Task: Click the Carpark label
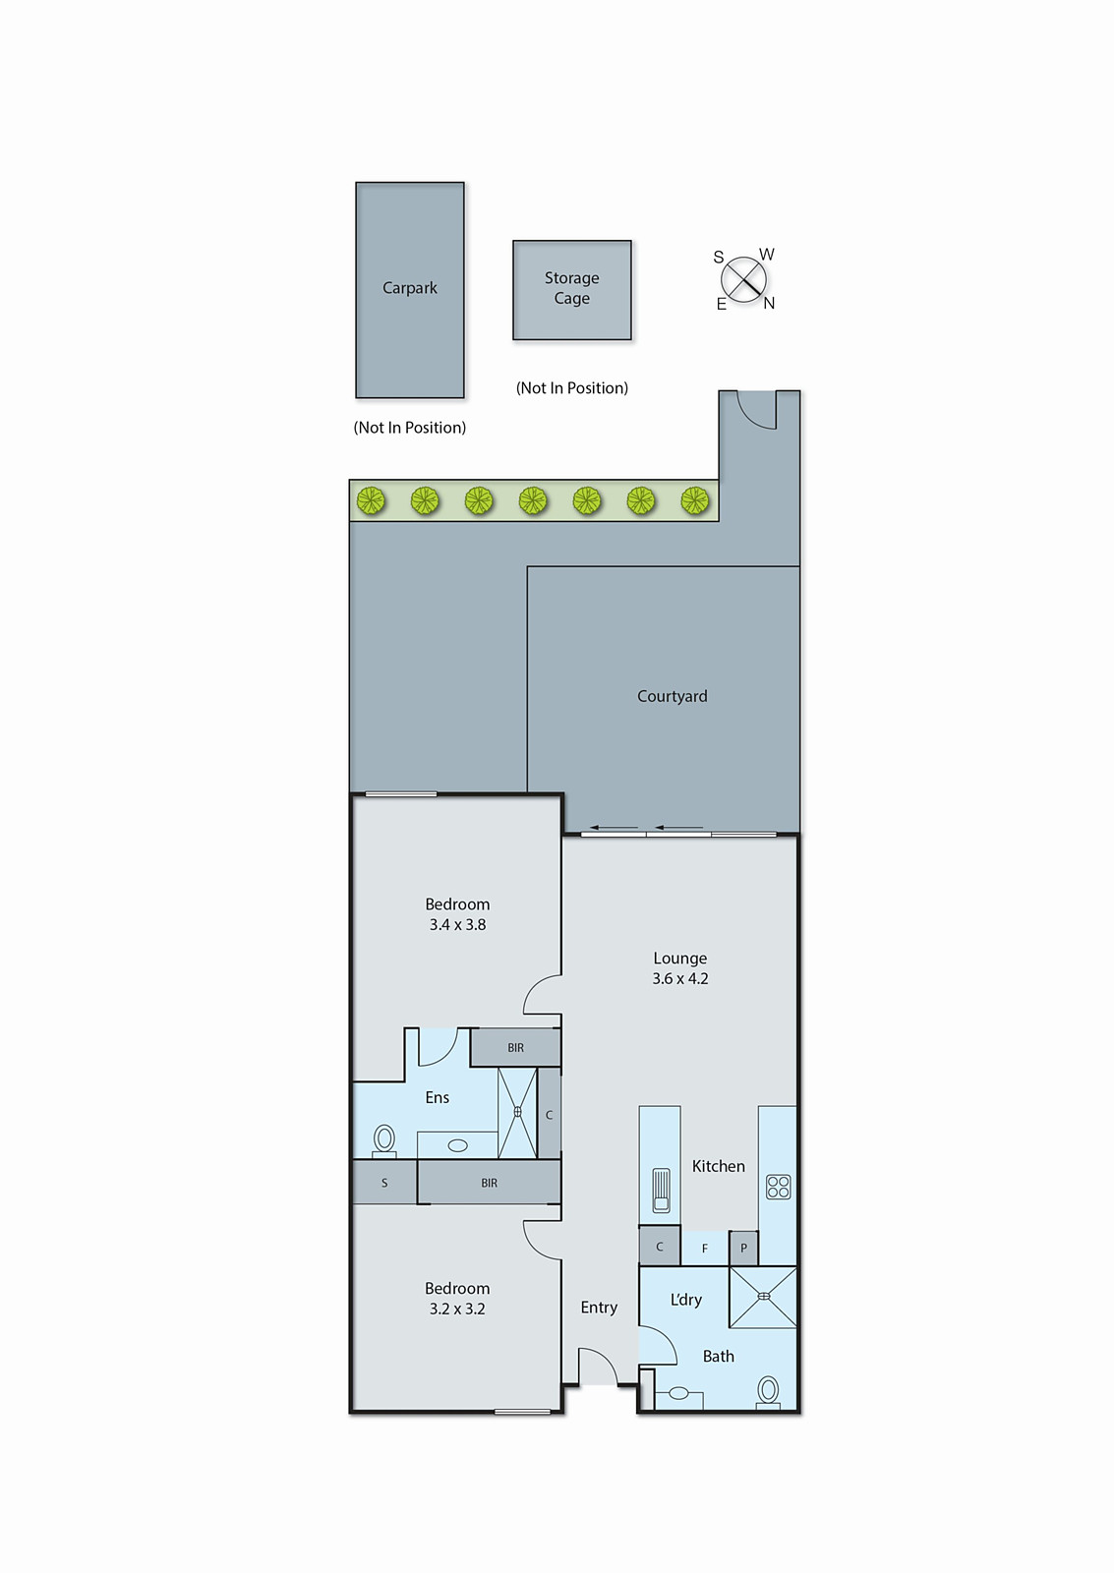coord(409,288)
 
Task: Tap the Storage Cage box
coord(571,290)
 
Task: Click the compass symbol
coord(744,280)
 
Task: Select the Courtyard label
coord(672,696)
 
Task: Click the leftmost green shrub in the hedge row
coord(371,501)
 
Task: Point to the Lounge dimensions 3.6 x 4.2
coord(679,978)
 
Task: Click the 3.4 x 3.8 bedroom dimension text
coord(457,924)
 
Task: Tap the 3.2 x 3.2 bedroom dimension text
coord(457,1309)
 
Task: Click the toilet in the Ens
coord(384,1139)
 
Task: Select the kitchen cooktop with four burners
coord(778,1187)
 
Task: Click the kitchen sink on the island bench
coord(661,1191)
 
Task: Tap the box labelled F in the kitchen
coord(704,1249)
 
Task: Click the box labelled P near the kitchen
coord(743,1249)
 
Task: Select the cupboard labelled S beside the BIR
coord(384,1183)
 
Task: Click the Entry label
coord(599,1308)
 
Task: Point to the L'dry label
coord(685,1300)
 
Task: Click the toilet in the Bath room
coord(768,1391)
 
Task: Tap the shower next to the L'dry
coord(763,1297)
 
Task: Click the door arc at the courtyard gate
coord(755,413)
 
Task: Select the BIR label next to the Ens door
coord(515,1048)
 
